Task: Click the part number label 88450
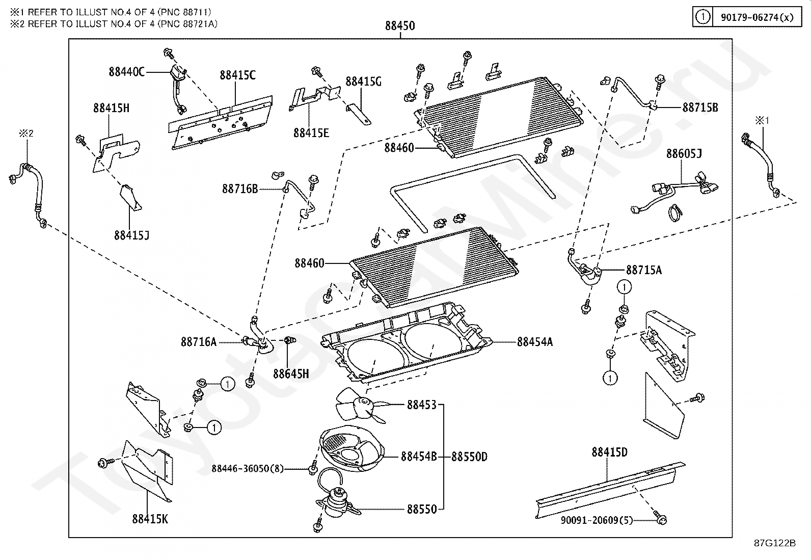[x=400, y=26]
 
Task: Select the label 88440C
[x=126, y=72]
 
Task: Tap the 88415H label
[x=111, y=108]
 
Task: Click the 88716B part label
[x=240, y=189]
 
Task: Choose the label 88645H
[x=291, y=374]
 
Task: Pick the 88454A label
[x=535, y=342]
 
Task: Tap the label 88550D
[x=469, y=457]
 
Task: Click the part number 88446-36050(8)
[x=248, y=468]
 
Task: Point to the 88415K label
[x=150, y=519]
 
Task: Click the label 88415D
[x=609, y=452]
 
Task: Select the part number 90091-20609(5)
[x=597, y=520]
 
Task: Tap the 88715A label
[x=644, y=270]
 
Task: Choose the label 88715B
[x=700, y=108]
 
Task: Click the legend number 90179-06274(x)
[x=757, y=17]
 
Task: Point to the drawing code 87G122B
[x=775, y=543]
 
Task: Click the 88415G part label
[x=363, y=82]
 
